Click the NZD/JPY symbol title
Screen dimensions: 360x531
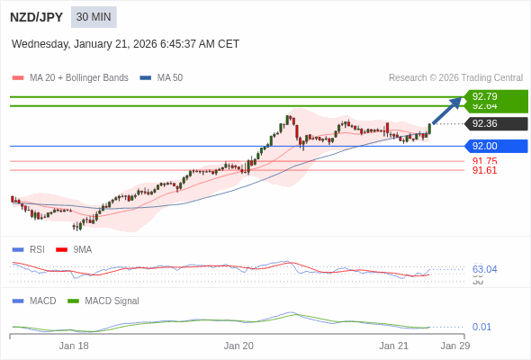[x=36, y=17]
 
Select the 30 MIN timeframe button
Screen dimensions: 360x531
[x=94, y=17]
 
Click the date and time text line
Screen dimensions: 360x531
[x=125, y=43]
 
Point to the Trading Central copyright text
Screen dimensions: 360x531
[x=455, y=77]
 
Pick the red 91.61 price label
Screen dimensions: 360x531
[x=484, y=170]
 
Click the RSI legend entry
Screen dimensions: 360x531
[x=36, y=249]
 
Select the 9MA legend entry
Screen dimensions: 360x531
[x=82, y=249]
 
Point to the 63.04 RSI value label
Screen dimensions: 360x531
[x=484, y=268]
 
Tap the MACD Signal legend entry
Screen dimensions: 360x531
[x=112, y=301]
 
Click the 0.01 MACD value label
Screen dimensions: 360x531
[x=481, y=327]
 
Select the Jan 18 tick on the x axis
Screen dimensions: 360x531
[x=74, y=346]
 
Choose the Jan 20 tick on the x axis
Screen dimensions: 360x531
[x=238, y=346]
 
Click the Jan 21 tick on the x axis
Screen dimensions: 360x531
[x=393, y=346]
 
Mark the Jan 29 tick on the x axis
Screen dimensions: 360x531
[x=454, y=346]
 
